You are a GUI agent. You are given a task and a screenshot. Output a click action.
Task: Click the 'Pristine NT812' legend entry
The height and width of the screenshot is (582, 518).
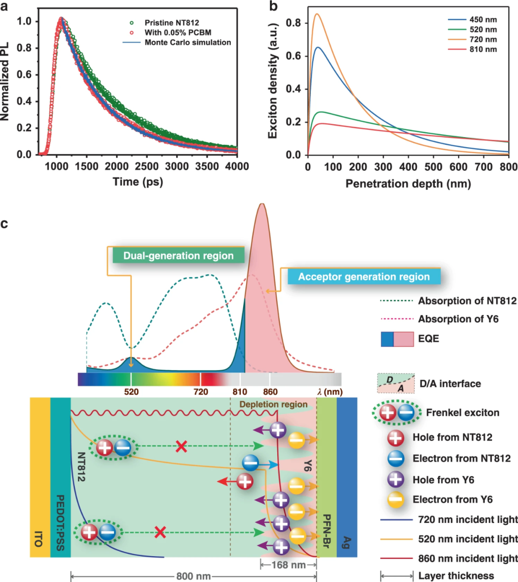point(171,23)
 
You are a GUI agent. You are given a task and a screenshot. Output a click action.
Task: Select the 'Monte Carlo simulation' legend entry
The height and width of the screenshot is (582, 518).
point(188,42)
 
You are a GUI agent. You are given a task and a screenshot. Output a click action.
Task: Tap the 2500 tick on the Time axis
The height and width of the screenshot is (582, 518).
point(146,166)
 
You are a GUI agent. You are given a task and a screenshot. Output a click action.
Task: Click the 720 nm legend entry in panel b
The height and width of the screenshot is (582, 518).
point(483,39)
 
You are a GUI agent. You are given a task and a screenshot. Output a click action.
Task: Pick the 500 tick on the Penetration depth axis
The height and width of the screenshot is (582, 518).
point(433,166)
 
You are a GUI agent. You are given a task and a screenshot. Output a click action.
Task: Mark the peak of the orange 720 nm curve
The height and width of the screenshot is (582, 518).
point(317,14)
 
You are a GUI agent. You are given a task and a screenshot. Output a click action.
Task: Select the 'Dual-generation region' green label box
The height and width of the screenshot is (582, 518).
point(178,256)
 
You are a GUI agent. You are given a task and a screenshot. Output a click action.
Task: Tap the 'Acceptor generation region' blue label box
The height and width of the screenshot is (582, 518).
point(364,277)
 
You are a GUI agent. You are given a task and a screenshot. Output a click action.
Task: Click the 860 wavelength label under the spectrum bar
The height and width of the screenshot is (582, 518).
point(270,392)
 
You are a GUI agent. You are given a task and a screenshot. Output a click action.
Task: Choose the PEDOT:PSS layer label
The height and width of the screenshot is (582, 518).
point(60,523)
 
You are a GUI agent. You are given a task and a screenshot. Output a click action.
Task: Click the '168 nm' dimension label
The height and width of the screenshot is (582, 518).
point(288,565)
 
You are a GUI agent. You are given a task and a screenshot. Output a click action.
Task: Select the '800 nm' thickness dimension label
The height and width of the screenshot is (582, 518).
point(193,576)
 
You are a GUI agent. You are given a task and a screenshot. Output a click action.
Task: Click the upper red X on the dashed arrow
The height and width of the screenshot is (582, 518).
point(181,447)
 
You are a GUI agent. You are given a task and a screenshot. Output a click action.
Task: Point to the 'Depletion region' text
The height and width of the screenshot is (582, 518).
point(273,404)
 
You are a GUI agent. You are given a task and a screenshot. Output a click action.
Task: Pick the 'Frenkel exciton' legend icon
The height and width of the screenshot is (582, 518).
point(397,412)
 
